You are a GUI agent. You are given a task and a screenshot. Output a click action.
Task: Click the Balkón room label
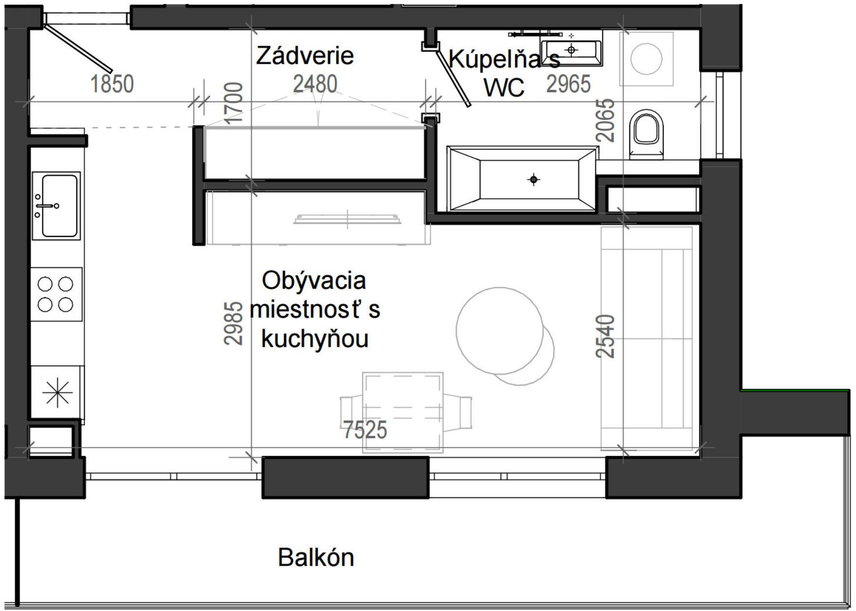pos(316,557)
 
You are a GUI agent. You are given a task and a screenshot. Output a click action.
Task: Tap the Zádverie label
pos(304,55)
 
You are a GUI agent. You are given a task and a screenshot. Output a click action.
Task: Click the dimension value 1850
pos(112,84)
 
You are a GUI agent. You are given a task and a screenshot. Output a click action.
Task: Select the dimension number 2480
pos(315,84)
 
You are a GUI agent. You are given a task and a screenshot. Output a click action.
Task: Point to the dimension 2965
pos(568,84)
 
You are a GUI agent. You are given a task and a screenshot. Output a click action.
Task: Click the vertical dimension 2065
pos(606,120)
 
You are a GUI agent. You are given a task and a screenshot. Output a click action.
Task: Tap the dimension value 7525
pos(365,430)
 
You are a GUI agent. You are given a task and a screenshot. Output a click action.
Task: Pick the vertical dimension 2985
pos(233,323)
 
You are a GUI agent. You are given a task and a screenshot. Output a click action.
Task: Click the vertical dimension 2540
pos(606,336)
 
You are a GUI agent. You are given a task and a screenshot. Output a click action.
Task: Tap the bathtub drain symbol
pos(534,180)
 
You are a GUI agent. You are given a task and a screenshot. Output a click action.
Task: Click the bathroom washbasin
pos(572,50)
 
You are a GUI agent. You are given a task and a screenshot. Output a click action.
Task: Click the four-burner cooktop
pos(55,294)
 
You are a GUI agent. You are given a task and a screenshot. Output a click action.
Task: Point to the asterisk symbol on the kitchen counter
pos(57,392)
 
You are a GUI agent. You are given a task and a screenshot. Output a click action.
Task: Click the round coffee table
pos(500,329)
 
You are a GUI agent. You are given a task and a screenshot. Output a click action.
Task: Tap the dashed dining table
pos(403,413)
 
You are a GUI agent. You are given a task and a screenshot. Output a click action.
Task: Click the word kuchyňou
pos(315,339)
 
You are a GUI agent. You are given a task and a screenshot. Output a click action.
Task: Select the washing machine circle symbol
pos(646,58)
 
